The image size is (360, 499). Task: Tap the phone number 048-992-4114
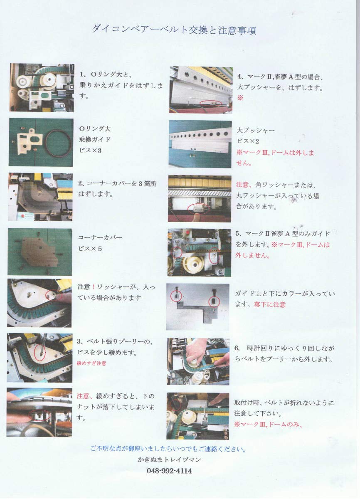(x=169, y=471)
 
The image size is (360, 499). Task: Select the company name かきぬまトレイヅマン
(x=169, y=460)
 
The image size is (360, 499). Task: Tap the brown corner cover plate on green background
(x=40, y=251)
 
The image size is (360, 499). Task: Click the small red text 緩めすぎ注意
(x=91, y=363)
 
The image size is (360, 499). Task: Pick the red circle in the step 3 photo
(x=40, y=351)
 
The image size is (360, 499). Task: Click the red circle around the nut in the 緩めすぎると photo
(x=40, y=415)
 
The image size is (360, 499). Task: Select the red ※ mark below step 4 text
(x=240, y=98)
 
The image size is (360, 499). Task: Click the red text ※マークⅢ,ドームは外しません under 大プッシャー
(x=275, y=158)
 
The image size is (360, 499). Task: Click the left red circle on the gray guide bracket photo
(x=176, y=296)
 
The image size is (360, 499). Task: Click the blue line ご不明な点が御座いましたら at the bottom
(x=168, y=449)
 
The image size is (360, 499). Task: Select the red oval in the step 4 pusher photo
(x=210, y=102)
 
